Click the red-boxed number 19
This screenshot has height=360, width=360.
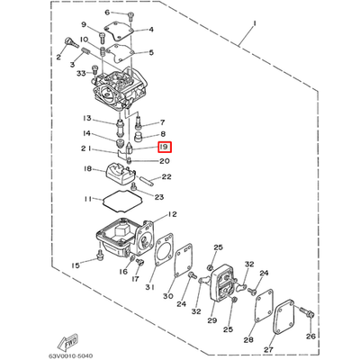(165, 146)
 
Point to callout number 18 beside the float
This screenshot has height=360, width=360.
(87, 168)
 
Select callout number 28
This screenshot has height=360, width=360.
(247, 340)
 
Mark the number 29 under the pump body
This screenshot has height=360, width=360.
(212, 319)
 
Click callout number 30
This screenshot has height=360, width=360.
(167, 296)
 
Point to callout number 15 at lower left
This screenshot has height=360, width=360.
(75, 265)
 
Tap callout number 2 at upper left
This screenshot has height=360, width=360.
(59, 57)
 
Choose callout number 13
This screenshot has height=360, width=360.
(87, 119)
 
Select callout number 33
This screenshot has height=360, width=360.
(81, 74)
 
